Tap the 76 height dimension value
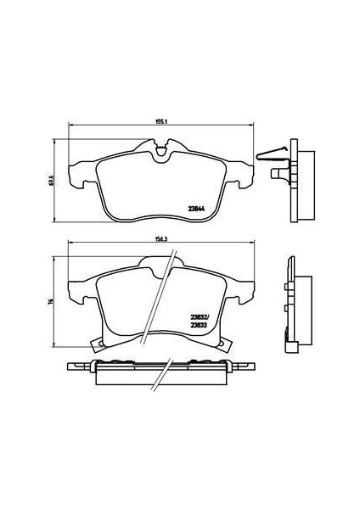pos(52,300)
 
